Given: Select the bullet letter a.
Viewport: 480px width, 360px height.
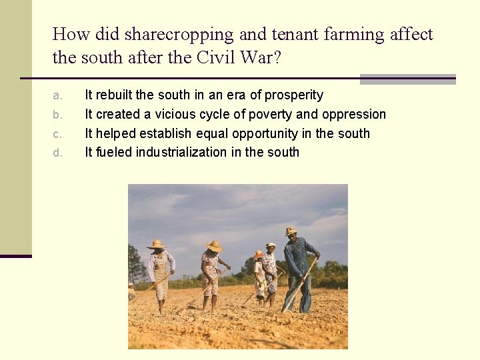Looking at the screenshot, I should (57, 95).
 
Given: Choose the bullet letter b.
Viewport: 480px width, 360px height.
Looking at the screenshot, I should (57, 115).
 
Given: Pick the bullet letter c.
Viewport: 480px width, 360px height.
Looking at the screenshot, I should (57, 134).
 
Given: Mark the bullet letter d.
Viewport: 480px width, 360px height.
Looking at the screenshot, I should (57, 153).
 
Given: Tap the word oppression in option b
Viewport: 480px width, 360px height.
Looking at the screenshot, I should (353, 115).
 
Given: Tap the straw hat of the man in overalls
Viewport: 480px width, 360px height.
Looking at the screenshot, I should (291, 231).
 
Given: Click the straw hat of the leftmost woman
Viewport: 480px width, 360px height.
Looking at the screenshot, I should (157, 245).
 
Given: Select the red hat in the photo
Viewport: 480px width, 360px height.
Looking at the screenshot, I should (258, 254).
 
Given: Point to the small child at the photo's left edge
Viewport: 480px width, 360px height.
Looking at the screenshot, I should (131, 292).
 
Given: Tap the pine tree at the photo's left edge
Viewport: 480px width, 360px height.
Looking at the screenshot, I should (135, 263).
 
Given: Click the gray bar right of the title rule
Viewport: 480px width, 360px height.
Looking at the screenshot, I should (407, 79).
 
